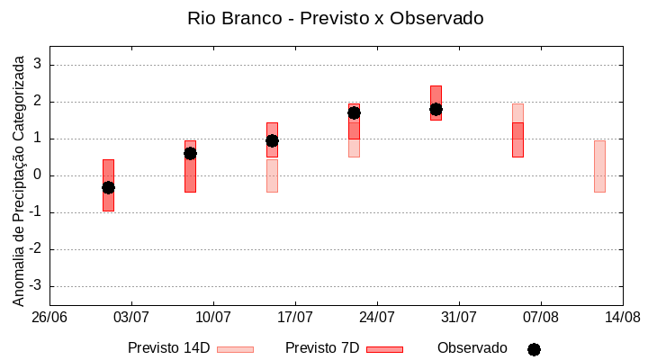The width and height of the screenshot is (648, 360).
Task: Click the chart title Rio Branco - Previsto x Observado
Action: (x=335, y=18)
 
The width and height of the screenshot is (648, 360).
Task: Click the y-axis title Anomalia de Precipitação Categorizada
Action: (x=19, y=178)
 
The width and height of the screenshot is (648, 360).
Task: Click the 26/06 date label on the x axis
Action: (x=50, y=318)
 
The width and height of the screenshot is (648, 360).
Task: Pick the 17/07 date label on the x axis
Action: (x=295, y=318)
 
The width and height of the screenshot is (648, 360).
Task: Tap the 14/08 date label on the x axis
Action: (x=622, y=318)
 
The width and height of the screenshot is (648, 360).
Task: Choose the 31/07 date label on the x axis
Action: (x=459, y=318)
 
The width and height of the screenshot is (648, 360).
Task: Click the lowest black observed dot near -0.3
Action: (x=108, y=187)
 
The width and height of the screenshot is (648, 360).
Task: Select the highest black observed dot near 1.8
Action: (x=436, y=109)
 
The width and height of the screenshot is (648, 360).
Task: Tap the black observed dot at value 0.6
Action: (x=190, y=153)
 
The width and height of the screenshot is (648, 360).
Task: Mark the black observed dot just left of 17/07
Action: (x=272, y=140)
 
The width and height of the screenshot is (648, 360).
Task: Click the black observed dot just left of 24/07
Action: (x=354, y=112)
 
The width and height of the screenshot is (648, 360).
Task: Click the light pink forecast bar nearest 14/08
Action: (x=599, y=166)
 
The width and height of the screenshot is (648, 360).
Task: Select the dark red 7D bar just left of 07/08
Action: (x=517, y=139)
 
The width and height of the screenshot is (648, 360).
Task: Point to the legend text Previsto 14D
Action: (x=168, y=348)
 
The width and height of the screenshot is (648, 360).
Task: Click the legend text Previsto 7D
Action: (x=322, y=348)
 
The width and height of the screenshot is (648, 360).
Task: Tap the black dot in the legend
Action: (x=534, y=349)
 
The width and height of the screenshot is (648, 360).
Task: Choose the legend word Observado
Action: (x=472, y=348)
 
